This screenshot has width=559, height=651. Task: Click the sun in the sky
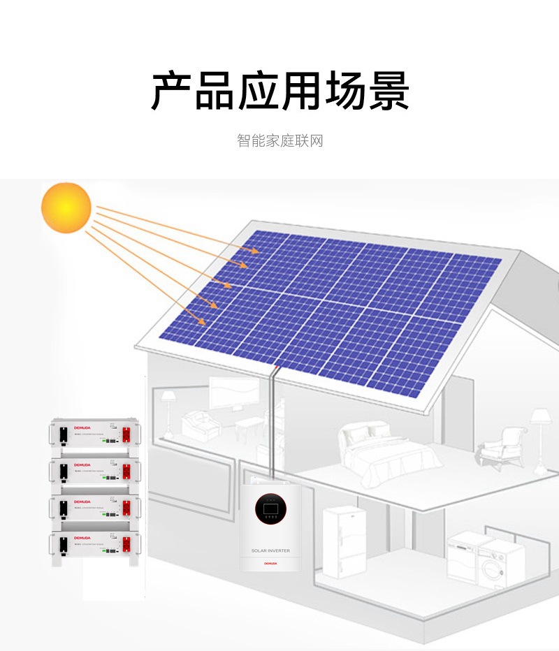pos(66,207)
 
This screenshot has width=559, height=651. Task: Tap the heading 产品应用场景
pos(279,91)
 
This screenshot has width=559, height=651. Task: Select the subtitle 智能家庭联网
pos(279,140)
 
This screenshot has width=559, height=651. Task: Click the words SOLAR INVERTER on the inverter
pos(270,551)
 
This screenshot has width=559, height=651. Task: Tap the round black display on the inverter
pos(270,510)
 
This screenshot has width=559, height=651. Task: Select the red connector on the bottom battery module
pos(127,543)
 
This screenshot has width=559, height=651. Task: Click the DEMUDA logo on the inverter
pos(270,562)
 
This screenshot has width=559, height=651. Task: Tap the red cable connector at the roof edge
pos(277,366)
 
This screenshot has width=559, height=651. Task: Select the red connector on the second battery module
pos(127,469)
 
